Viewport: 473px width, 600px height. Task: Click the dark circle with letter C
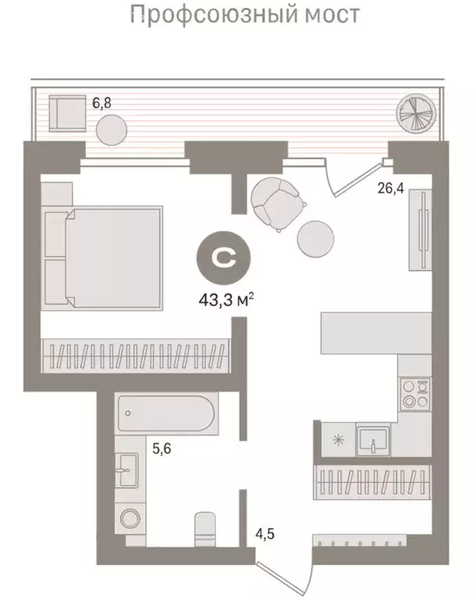[224, 256]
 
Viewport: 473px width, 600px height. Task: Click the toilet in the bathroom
[205, 531]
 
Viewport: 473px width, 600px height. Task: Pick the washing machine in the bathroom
[127, 520]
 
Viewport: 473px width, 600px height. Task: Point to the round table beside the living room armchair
[316, 238]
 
